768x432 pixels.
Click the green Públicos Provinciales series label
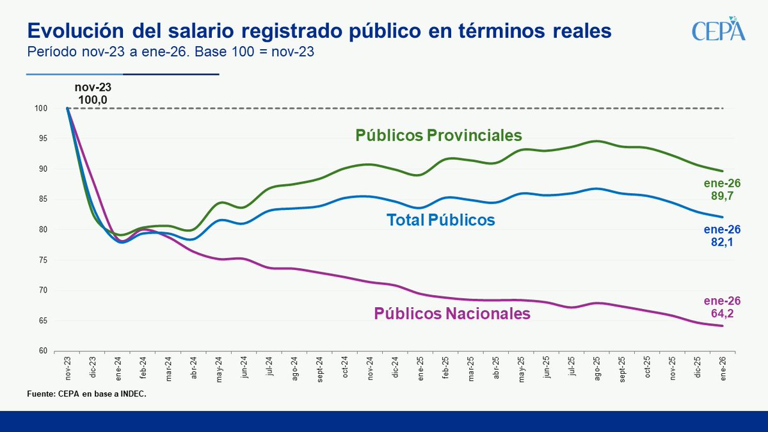[x=439, y=136]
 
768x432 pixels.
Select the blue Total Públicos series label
[x=441, y=220]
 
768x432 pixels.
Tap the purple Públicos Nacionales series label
[x=452, y=314]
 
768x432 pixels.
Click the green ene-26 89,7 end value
[x=723, y=190]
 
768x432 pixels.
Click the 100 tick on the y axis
[x=42, y=109]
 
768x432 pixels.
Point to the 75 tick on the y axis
[x=43, y=260]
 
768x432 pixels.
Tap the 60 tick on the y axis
[x=43, y=351]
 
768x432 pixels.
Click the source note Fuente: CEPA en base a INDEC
[x=87, y=394]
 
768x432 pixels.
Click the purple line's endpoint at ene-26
[x=723, y=326]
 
